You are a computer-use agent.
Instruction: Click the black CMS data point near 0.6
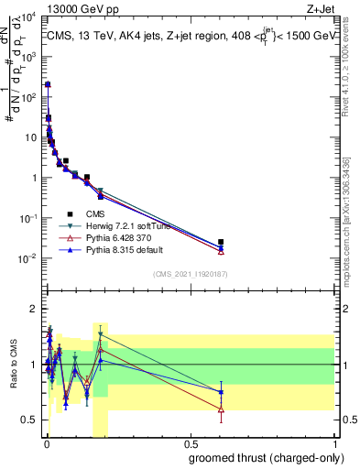(221, 242)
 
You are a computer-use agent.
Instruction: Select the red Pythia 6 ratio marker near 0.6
(221, 409)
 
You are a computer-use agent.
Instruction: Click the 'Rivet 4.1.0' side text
(353, 64)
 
